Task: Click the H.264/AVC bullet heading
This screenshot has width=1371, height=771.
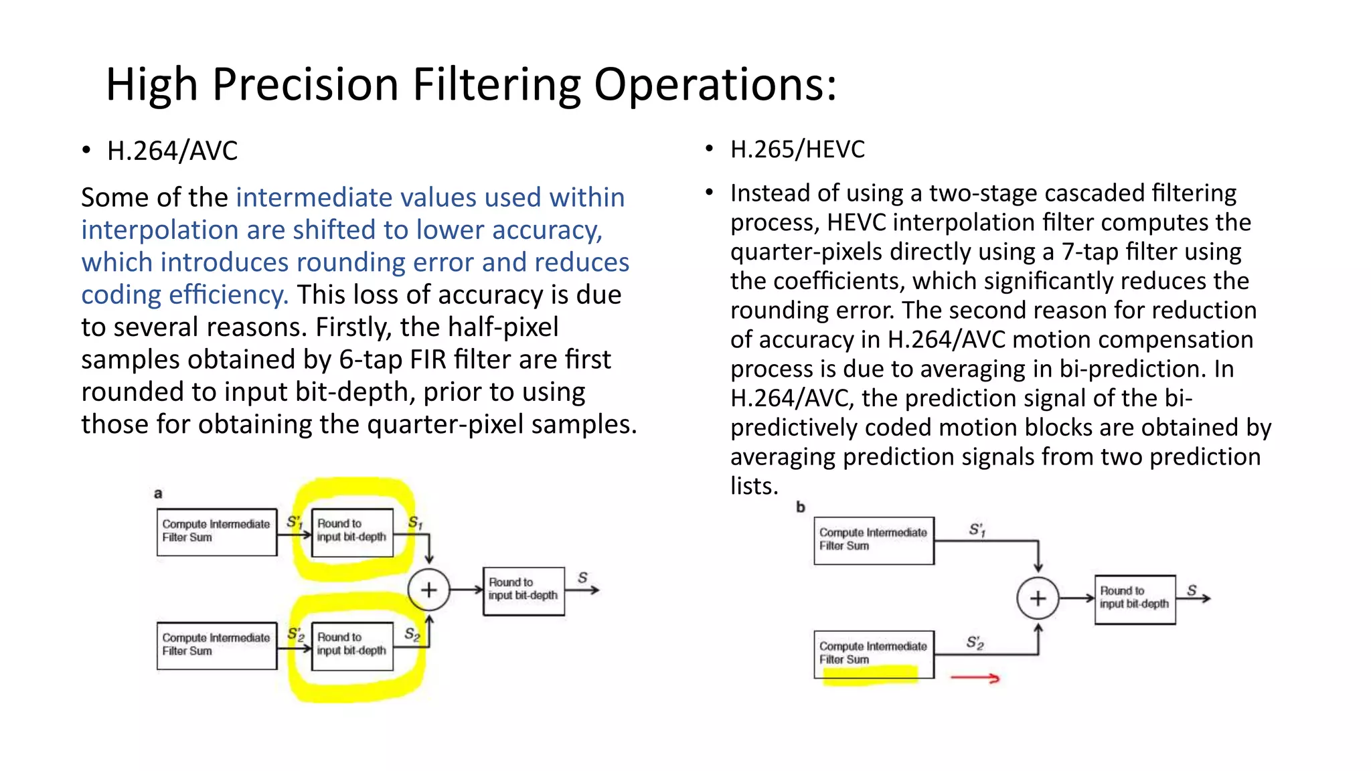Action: pos(172,151)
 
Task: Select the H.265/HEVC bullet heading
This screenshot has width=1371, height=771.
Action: pos(797,149)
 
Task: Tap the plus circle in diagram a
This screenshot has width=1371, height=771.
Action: pos(428,590)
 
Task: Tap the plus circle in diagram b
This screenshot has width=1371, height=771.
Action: pos(1038,598)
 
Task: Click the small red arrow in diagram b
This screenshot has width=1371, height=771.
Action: pos(975,679)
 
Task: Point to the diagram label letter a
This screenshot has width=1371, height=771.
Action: pos(158,494)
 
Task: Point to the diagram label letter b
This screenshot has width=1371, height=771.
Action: pos(801,507)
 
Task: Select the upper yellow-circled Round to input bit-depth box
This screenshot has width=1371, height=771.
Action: pos(352,532)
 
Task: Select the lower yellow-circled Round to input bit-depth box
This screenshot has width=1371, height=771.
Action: pos(352,646)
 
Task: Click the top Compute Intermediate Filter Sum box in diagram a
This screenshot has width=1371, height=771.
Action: pos(217,532)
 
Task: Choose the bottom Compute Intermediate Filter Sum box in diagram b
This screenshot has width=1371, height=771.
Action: pos(874,654)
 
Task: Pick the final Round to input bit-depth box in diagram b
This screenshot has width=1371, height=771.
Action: pos(1135,599)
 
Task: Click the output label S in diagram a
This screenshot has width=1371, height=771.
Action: pos(582,577)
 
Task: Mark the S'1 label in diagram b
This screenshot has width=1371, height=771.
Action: pos(977,530)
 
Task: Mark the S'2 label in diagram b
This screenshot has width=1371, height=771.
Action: pos(975,643)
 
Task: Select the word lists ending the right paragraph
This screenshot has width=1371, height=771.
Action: pos(754,487)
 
